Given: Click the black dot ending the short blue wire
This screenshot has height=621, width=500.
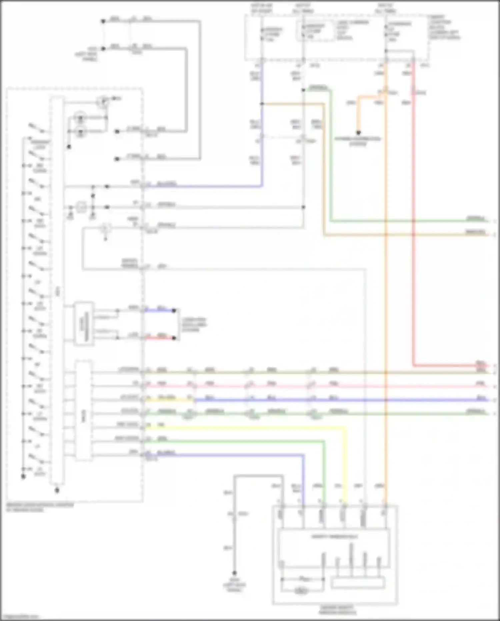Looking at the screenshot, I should pos(174,311).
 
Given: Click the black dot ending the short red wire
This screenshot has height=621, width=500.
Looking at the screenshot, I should pos(174,338).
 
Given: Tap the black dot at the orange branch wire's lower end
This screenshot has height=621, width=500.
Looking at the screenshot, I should pos(358,133).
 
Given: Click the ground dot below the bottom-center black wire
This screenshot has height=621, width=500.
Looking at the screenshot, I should pos(234,573).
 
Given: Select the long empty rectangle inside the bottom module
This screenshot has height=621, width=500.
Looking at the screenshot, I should pos(358,583).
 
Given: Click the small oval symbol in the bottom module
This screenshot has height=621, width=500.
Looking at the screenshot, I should pos(301,591).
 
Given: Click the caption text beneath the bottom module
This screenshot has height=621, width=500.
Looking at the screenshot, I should pos(337,610).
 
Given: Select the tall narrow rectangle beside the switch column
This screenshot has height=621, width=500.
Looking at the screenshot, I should pos(57,290).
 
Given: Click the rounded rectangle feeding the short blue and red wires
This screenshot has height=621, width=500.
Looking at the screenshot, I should pos(84,324).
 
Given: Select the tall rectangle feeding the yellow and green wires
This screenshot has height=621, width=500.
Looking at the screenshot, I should pos(83,411).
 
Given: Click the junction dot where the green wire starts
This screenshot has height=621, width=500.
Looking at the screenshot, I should pos(303,90).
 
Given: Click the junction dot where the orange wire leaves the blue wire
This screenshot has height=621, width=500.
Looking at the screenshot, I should pos(262,104).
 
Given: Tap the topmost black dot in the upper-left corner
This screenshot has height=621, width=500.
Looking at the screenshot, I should pos(103,21).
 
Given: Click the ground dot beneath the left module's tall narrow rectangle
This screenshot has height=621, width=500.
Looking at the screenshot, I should pos(57,490).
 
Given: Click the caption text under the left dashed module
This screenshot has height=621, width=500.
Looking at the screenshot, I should pos(40,507).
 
